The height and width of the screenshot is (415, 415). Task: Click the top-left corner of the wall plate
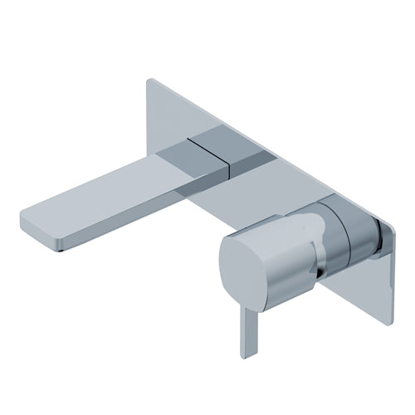click(149, 81)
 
